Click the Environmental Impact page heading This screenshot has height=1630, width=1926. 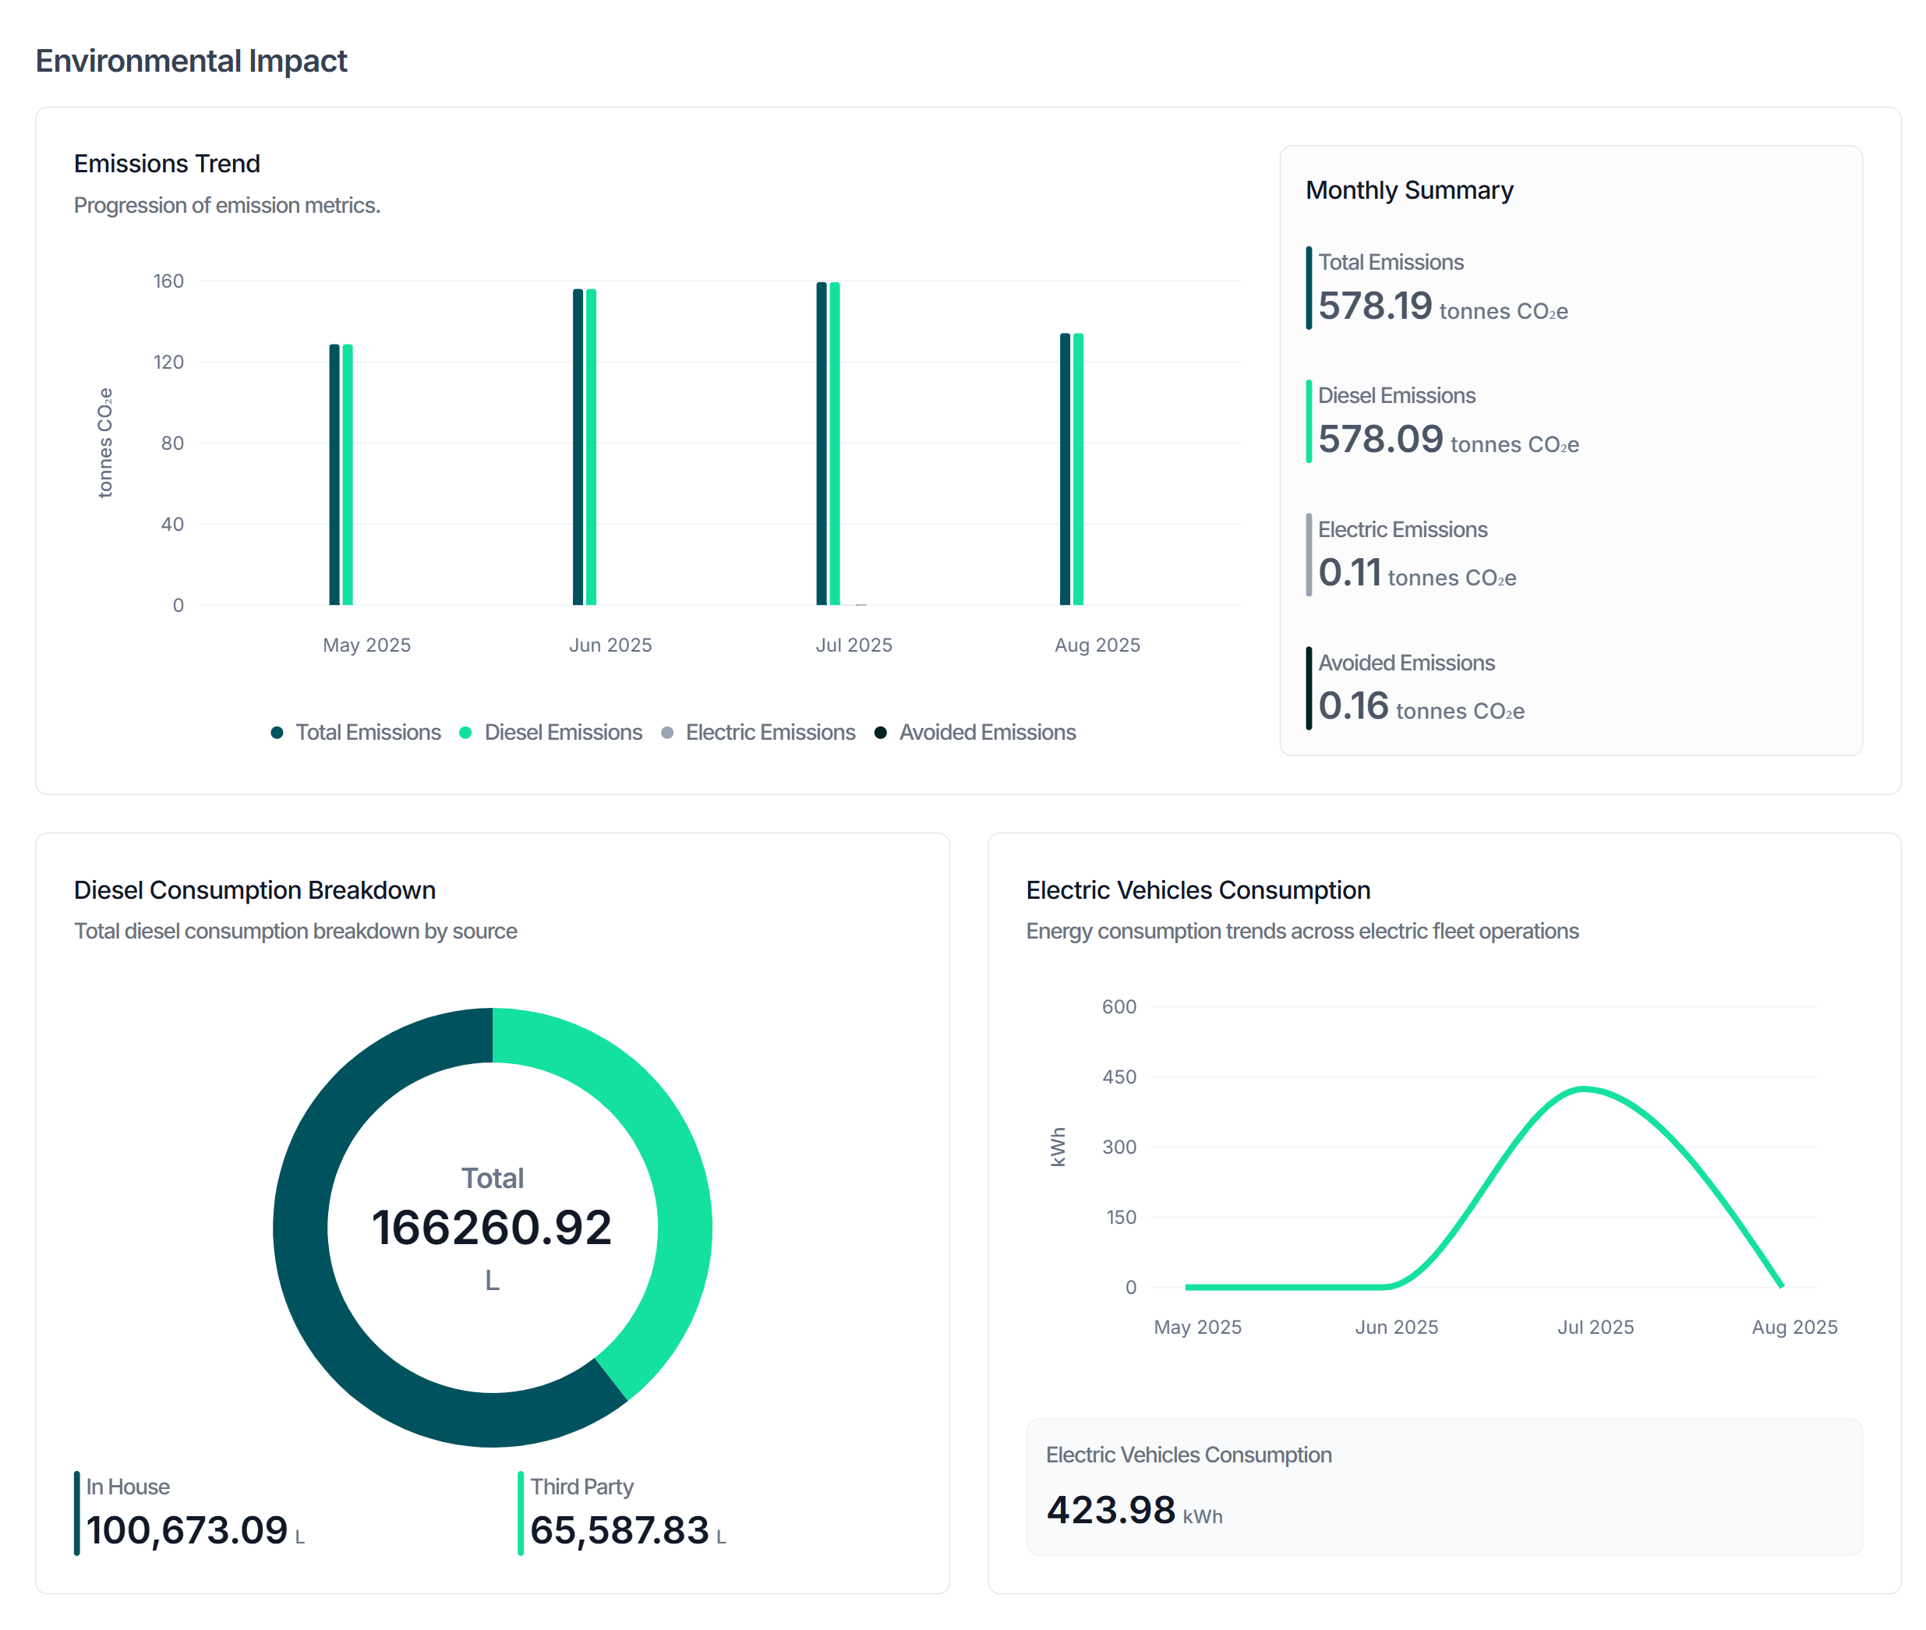[x=190, y=61]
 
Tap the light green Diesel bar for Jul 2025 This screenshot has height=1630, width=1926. [x=834, y=444]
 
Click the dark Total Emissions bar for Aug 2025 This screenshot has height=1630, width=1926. [x=1064, y=469]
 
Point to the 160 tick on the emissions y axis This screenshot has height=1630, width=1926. [x=168, y=281]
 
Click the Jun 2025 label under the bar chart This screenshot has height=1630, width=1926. [x=610, y=645]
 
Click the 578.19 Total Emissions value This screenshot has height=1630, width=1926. [x=1373, y=306]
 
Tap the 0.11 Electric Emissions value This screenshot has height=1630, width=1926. [x=1348, y=572]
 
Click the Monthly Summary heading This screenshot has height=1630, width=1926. [x=1408, y=190]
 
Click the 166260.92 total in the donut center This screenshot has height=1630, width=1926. [x=491, y=1227]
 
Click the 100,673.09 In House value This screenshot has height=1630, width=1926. [x=186, y=1530]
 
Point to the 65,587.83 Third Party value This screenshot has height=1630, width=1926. [x=619, y=1530]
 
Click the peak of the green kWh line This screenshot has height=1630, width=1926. [x=1583, y=1088]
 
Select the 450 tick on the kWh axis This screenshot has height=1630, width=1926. [x=1118, y=1077]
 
